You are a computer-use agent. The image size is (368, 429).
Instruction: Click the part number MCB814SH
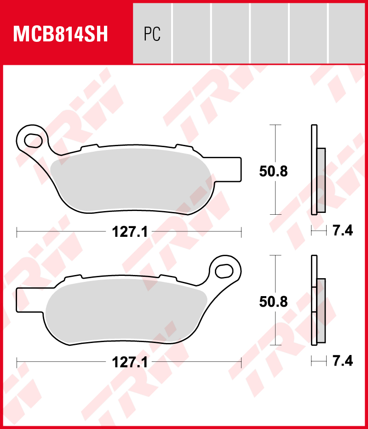(61, 34)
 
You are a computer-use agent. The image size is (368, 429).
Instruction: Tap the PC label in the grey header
(152, 34)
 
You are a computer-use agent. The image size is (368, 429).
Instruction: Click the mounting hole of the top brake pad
(34, 138)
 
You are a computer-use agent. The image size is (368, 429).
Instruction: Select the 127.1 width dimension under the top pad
(130, 232)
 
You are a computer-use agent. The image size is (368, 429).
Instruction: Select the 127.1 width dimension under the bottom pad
(130, 362)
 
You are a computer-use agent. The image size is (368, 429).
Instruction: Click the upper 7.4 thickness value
(342, 231)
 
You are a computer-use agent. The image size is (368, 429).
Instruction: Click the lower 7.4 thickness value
(342, 361)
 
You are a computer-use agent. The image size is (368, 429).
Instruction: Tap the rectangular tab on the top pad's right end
(233, 168)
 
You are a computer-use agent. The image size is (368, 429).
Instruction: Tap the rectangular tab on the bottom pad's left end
(24, 299)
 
